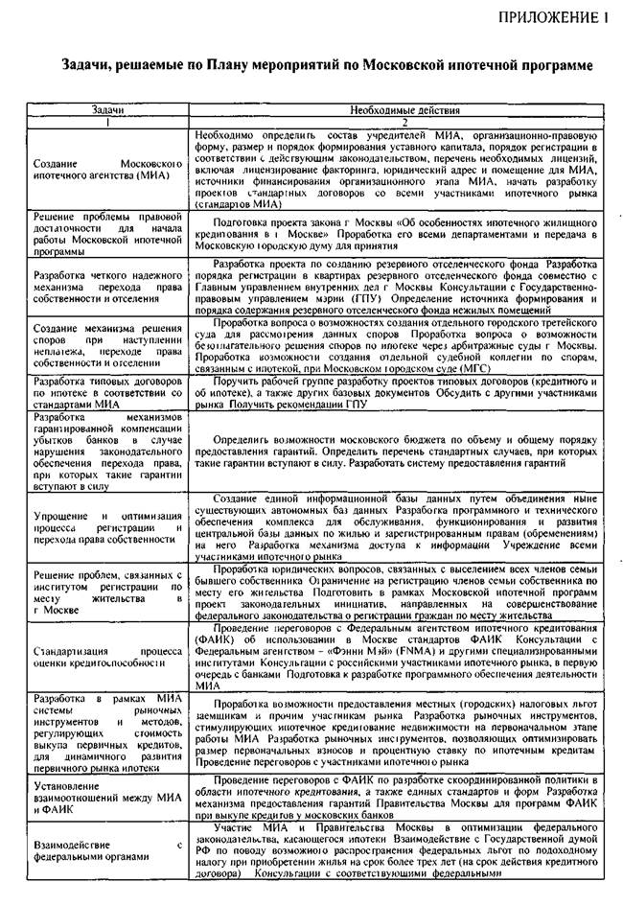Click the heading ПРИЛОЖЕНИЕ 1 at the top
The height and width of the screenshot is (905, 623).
[x=553, y=16]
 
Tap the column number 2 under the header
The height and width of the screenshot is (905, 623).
[x=404, y=124]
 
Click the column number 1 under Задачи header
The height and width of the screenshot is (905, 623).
[x=108, y=124]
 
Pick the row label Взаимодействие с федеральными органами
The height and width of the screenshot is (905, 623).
[x=107, y=851]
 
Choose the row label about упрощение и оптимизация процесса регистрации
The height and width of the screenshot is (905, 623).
[x=107, y=526]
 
